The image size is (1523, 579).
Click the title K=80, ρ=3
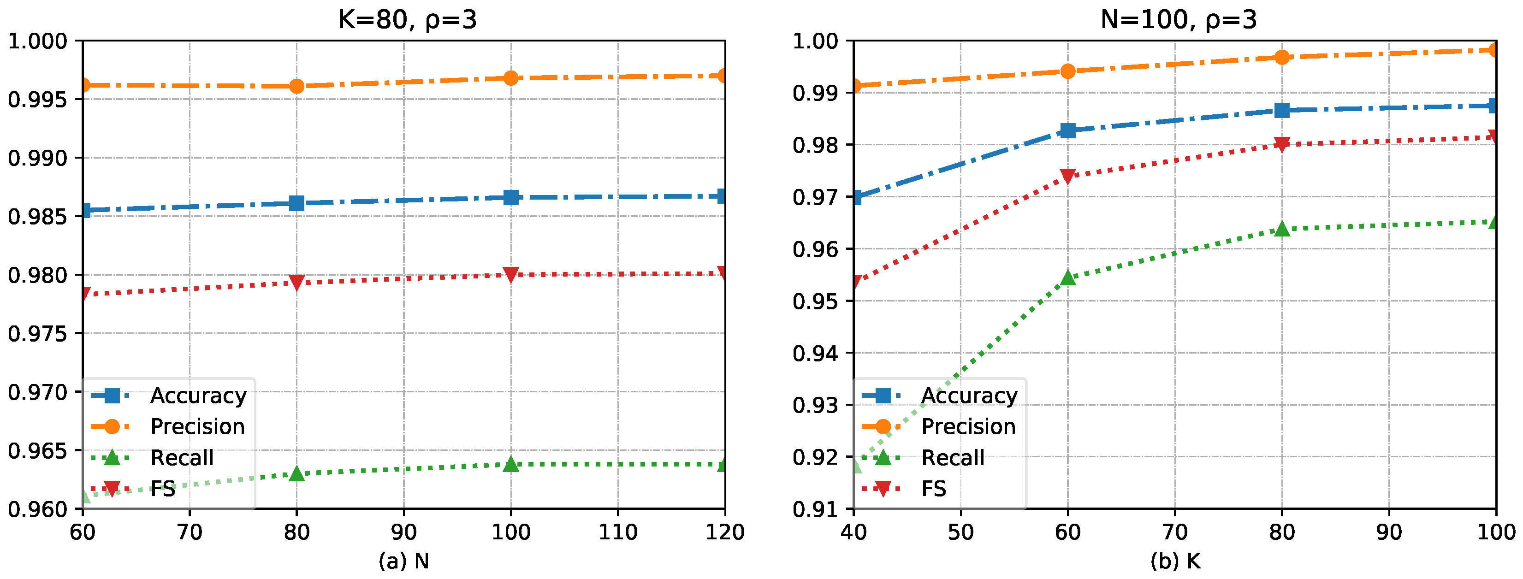point(407,19)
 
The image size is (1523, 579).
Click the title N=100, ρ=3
point(1178,19)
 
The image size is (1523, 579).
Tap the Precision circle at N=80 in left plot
point(297,86)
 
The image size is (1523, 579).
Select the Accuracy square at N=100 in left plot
point(511,197)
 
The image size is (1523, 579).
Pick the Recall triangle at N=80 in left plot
point(297,473)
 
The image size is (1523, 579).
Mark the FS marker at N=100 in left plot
point(511,275)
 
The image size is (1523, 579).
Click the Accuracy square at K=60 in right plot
point(1068,130)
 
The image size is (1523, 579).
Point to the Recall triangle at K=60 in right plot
point(1068,277)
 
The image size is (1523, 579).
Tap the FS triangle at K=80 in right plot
point(1282,145)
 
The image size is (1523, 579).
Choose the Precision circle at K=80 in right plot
point(1282,57)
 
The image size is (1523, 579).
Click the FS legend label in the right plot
point(934,489)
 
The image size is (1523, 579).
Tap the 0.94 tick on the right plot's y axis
point(815,353)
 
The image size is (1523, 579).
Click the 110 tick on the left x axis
point(618,533)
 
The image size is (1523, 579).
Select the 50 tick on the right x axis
point(961,533)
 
